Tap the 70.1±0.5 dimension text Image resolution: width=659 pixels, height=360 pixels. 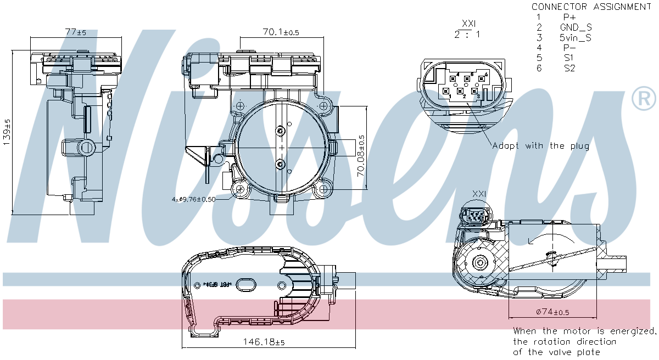[280, 32]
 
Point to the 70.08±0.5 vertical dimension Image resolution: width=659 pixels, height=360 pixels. [361, 155]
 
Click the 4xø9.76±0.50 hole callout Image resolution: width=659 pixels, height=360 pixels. [193, 199]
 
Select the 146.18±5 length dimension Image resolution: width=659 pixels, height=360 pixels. [264, 342]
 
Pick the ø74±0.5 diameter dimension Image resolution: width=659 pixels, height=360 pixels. [551, 312]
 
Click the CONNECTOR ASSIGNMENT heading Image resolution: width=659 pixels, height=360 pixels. [591, 7]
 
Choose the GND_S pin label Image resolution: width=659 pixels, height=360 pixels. [576, 27]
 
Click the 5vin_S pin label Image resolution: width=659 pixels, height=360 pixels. [576, 38]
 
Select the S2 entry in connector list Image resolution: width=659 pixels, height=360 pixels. [569, 68]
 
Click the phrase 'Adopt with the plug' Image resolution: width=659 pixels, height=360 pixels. [540, 146]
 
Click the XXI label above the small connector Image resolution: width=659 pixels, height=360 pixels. [479, 194]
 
